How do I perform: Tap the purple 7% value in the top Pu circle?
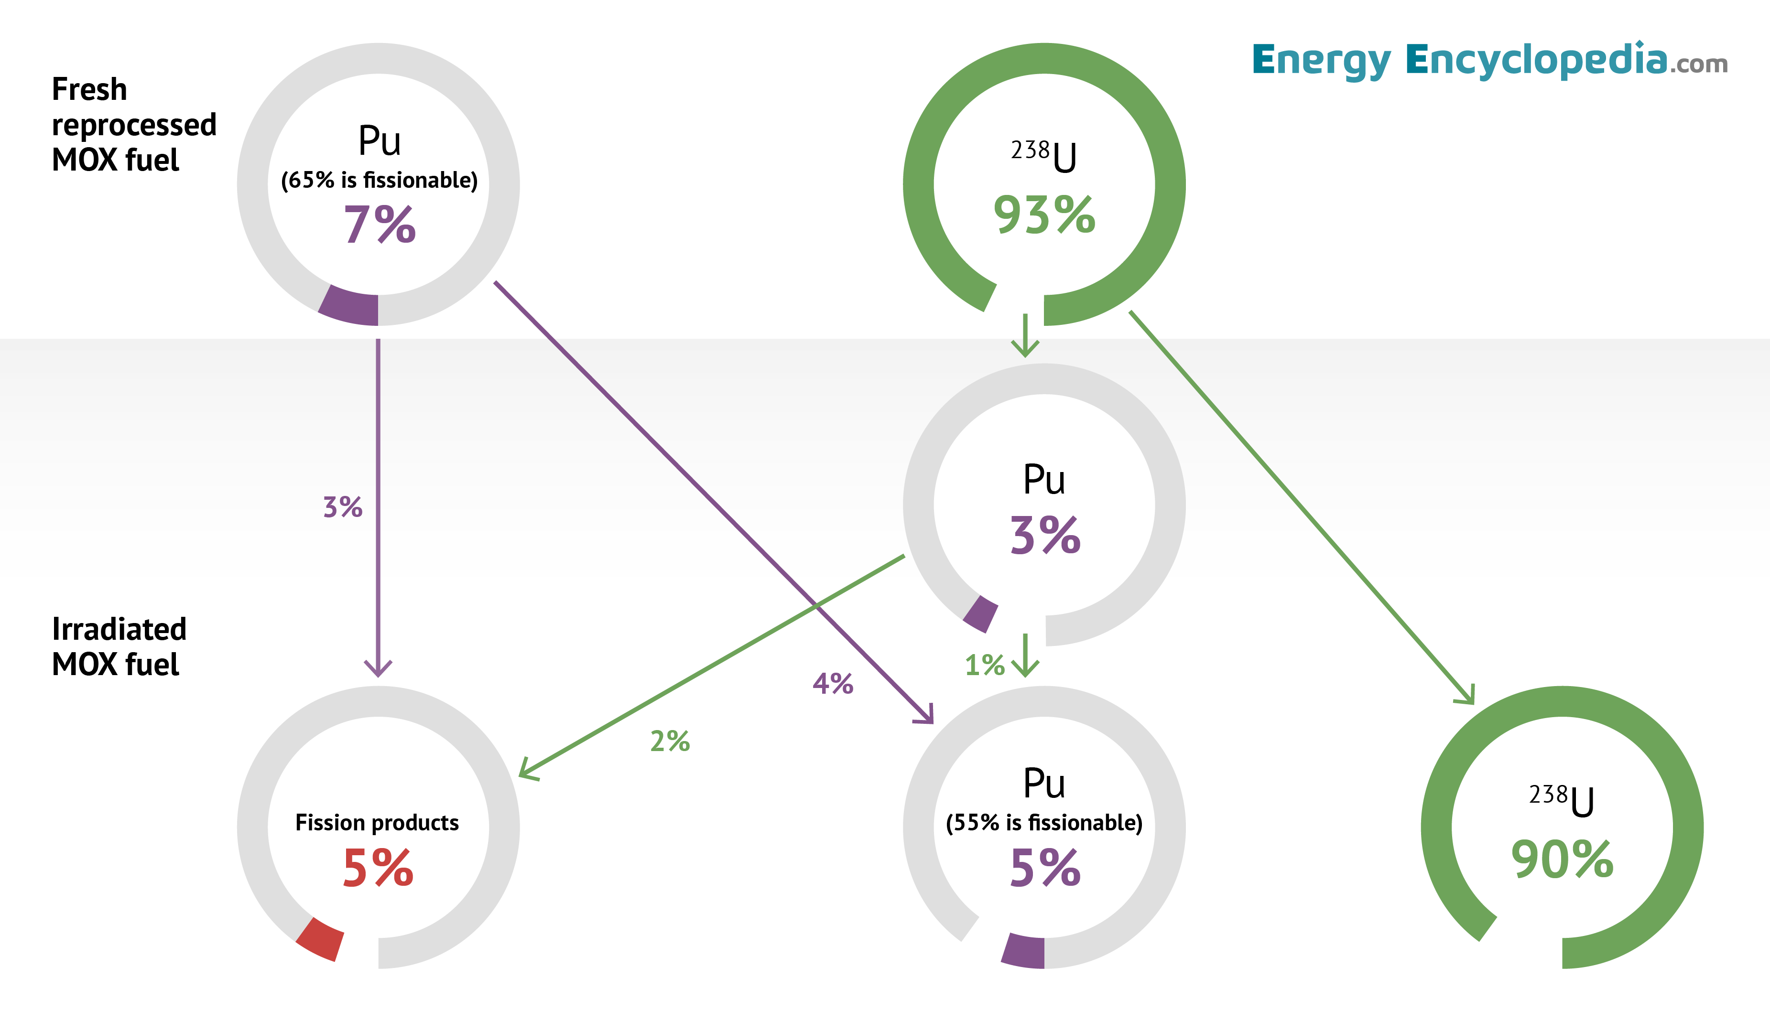pos(380,226)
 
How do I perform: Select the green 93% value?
pos(1044,215)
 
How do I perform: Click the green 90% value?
pos(1562,860)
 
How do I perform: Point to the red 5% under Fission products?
pos(378,868)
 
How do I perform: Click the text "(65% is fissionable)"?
pos(380,181)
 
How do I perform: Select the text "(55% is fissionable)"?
pos(1044,823)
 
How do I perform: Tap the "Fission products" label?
pos(377,823)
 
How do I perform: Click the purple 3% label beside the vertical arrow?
pos(343,507)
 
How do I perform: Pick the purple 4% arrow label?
pos(833,683)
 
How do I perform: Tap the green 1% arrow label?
pos(985,665)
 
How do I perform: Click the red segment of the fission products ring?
pos(320,939)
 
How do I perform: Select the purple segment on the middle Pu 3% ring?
pos(980,613)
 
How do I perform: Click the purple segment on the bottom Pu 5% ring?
pos(1024,952)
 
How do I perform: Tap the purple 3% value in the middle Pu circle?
pos(1044,536)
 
